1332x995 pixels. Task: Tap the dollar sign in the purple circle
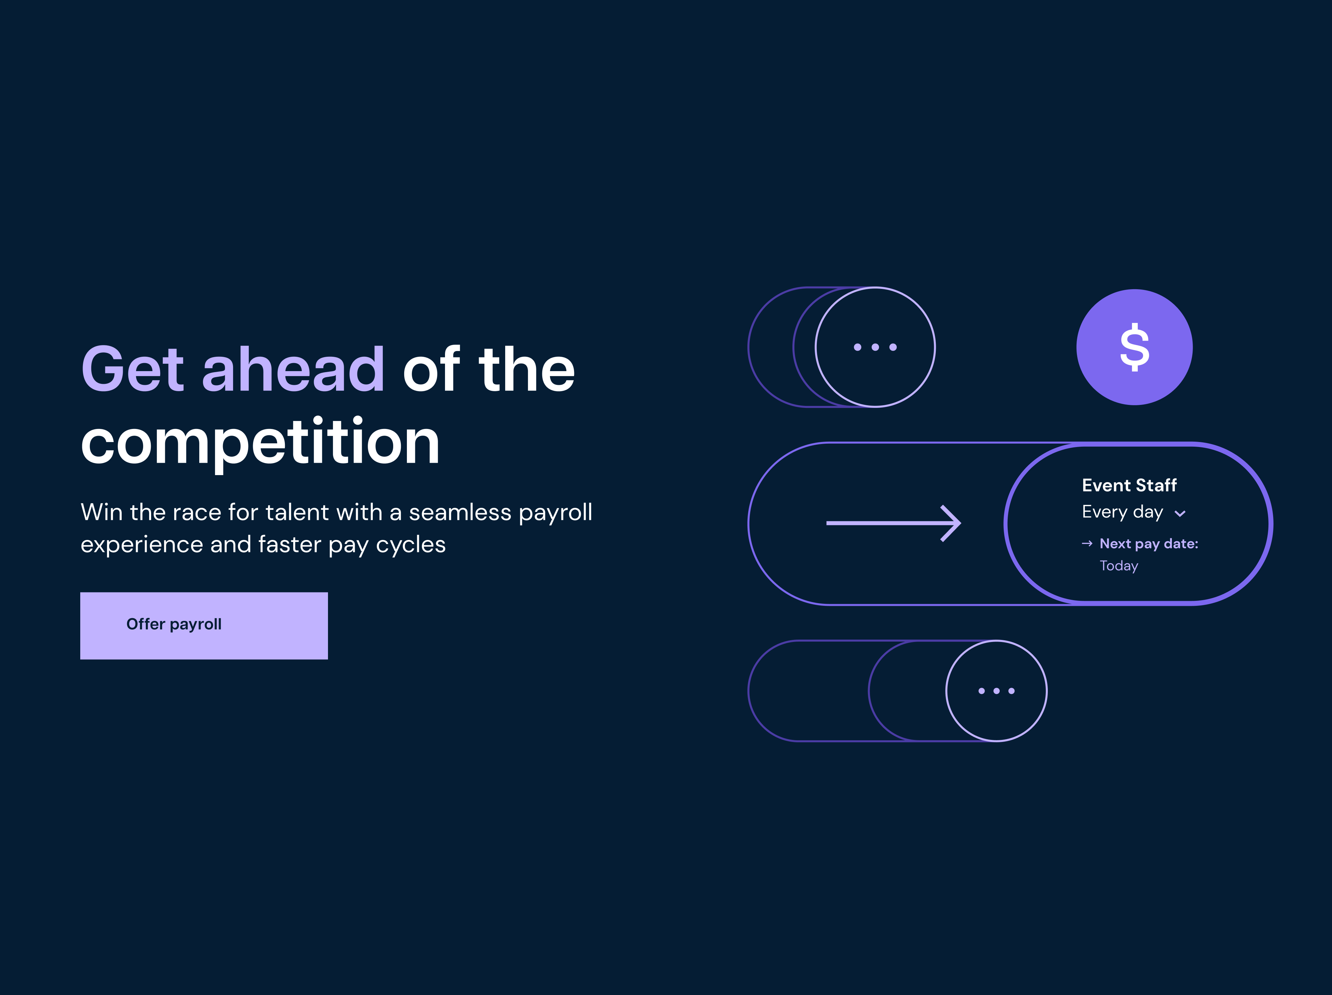[x=1134, y=347]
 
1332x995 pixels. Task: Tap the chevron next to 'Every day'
[x=1180, y=514]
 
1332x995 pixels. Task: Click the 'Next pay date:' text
[x=1149, y=544]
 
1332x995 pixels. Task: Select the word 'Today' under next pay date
[x=1119, y=566]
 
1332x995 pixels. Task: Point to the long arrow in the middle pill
[x=894, y=523]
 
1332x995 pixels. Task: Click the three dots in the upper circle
[x=875, y=347]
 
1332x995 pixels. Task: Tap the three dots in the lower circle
[x=997, y=691]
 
